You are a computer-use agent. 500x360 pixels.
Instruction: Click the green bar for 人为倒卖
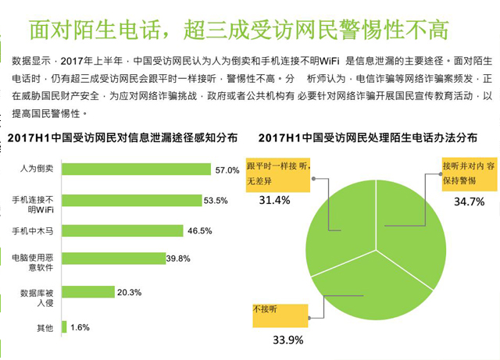(x=136, y=169)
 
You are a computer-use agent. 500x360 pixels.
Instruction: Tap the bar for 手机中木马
(x=122, y=230)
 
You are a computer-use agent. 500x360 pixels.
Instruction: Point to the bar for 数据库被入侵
(x=87, y=292)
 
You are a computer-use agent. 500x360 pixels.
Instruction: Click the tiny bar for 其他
(x=63, y=327)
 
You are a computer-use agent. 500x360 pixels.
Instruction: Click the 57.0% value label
(x=227, y=169)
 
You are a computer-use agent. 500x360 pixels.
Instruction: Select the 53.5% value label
(x=216, y=201)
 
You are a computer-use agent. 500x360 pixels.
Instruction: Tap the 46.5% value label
(x=200, y=230)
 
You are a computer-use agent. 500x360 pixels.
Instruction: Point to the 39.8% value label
(x=178, y=258)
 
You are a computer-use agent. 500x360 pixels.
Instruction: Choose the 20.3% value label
(x=129, y=292)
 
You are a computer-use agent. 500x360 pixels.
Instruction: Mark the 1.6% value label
(x=80, y=327)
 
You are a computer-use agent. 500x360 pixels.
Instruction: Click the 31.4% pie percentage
(x=273, y=200)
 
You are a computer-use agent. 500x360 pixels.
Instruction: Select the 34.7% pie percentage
(x=469, y=201)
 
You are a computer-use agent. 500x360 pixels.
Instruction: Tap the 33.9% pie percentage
(x=287, y=340)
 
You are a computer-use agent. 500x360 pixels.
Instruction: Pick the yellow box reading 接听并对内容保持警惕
(x=468, y=172)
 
